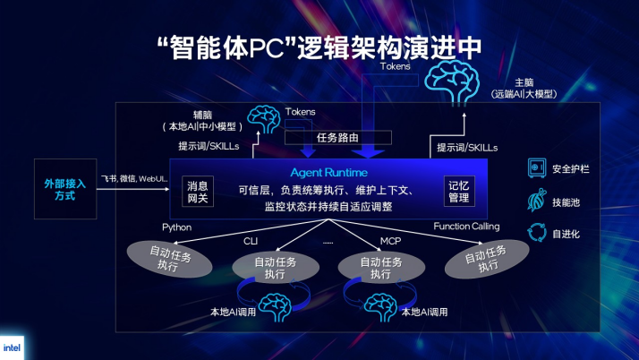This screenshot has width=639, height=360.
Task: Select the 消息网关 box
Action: [x=197, y=192]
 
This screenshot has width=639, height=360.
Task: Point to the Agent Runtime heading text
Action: [x=328, y=171]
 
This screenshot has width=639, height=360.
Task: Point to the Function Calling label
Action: [x=466, y=227]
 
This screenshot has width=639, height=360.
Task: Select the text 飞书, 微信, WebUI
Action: [x=134, y=179]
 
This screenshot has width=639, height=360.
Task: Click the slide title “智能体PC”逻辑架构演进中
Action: [x=319, y=45]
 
